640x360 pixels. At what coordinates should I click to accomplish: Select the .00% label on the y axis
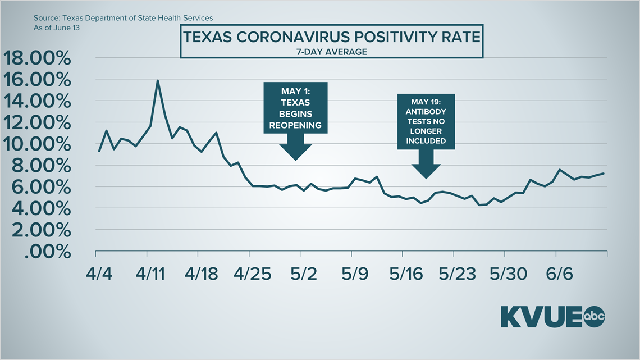tap(48, 252)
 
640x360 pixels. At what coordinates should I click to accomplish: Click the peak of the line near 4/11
tap(158, 80)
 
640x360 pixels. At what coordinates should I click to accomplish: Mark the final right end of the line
tap(604, 173)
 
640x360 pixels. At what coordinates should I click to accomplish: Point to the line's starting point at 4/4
tap(99, 151)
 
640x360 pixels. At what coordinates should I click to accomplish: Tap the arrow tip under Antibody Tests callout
tap(426, 178)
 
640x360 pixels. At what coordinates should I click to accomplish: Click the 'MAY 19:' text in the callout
tap(426, 102)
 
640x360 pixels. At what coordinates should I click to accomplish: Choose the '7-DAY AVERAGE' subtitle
tap(331, 52)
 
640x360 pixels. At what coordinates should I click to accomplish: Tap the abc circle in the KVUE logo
tap(595, 316)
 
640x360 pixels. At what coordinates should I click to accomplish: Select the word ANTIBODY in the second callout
tap(426, 112)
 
